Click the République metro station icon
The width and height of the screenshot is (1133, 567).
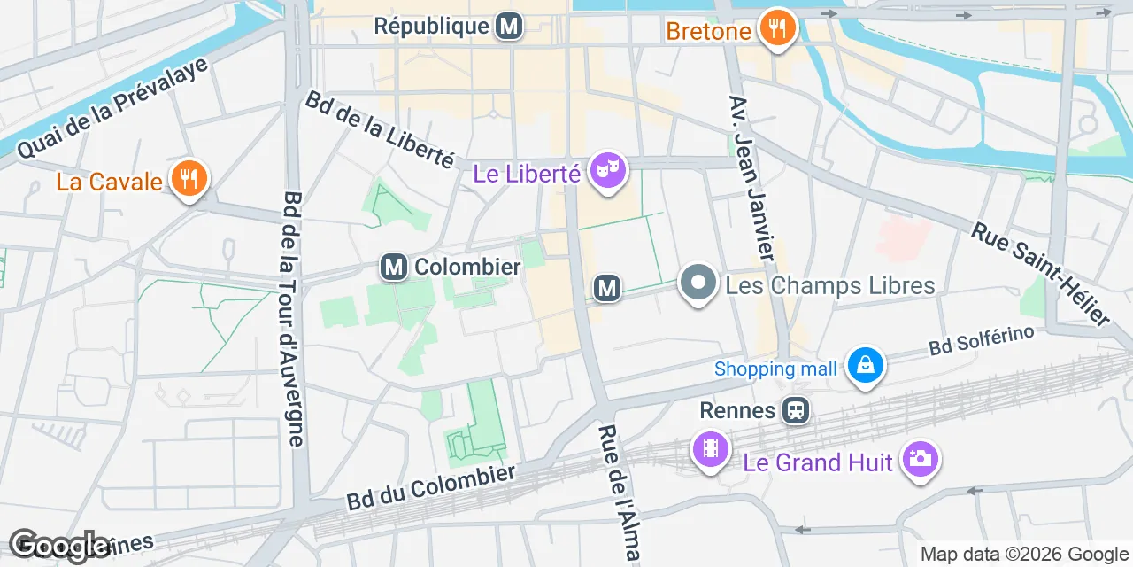pos(508,27)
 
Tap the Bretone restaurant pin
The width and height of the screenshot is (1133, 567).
pos(777,27)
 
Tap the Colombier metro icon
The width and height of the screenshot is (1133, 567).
pos(394,267)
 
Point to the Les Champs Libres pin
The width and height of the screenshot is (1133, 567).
pos(698,283)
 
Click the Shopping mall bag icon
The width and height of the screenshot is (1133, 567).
pos(866,365)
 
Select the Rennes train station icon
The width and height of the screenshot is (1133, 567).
pos(795,410)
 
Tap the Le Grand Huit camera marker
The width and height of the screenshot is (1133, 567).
pos(921,458)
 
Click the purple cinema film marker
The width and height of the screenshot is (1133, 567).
pos(710,449)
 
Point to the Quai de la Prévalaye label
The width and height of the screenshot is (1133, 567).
pos(112,108)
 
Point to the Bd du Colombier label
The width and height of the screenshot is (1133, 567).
pos(431,487)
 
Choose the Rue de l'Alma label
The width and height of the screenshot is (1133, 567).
pos(619,493)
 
